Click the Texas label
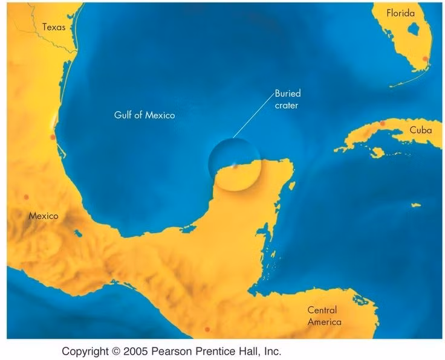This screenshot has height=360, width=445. [53, 27]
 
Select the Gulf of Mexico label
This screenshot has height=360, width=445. [145, 114]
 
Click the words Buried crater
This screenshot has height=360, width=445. [287, 99]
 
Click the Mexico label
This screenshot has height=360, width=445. [44, 215]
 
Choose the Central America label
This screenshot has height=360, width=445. [324, 316]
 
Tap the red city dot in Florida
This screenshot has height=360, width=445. [426, 59]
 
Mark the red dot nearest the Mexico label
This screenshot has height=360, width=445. [25, 197]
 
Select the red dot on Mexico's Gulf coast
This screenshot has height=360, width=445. [53, 138]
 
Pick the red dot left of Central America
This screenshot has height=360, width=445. [207, 329]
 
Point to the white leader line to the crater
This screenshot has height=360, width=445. [253, 124]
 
